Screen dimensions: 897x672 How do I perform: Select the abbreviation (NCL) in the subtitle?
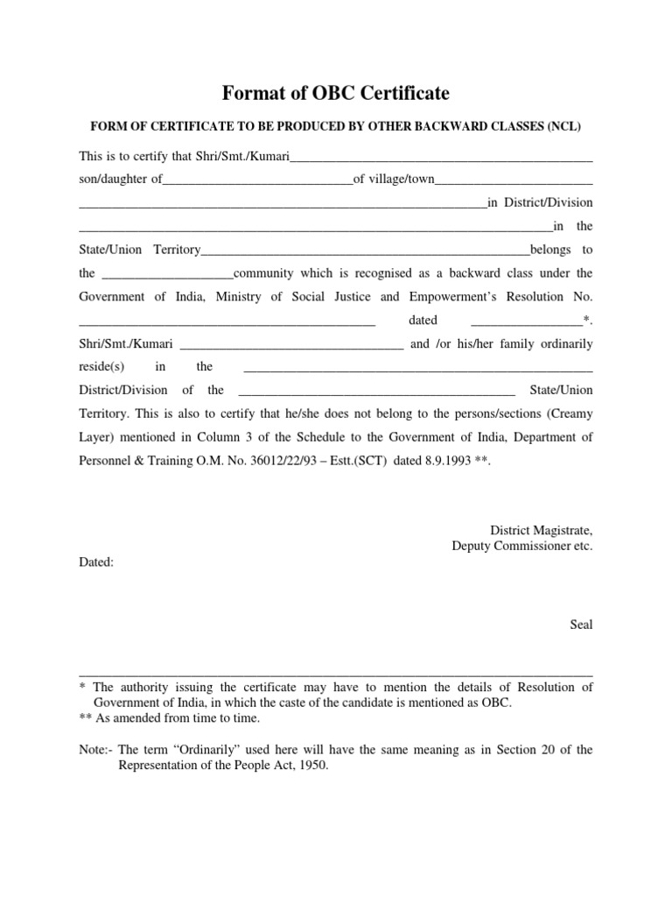[x=564, y=126]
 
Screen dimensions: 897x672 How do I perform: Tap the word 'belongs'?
[x=550, y=249]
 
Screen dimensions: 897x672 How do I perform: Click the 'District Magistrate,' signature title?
[x=541, y=530]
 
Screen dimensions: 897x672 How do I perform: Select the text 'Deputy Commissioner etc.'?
[x=521, y=546]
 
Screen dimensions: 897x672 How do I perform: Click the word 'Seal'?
[x=581, y=625]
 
